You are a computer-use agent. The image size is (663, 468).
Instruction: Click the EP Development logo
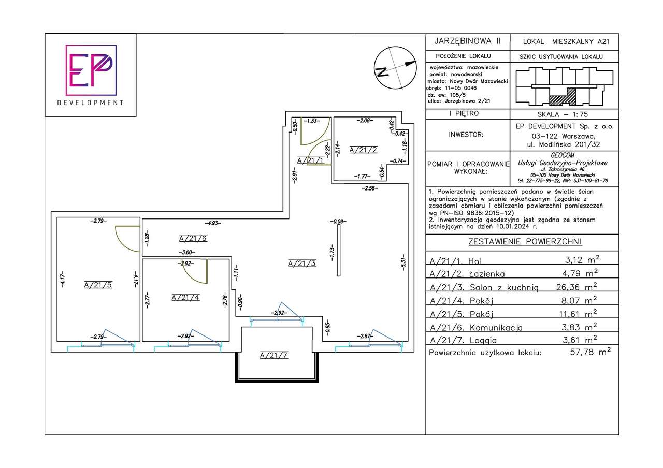(91, 75)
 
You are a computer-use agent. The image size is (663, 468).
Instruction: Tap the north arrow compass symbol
(395, 68)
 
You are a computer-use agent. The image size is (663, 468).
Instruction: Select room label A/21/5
(98, 285)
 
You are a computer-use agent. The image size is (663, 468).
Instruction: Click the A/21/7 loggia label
(274, 355)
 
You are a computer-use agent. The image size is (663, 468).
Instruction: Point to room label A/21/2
(363, 150)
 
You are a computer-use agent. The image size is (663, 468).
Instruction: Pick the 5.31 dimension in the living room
(403, 262)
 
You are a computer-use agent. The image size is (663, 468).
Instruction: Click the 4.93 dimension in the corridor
(213, 223)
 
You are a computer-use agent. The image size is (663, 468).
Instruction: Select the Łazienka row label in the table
(487, 274)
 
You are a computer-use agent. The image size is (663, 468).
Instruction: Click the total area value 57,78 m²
(590, 352)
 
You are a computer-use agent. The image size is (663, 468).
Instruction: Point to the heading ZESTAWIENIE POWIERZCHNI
(525, 242)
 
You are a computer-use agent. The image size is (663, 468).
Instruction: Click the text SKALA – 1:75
(563, 114)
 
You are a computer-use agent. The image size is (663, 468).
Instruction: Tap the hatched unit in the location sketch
(563, 97)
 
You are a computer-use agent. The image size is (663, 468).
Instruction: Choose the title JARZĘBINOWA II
(467, 41)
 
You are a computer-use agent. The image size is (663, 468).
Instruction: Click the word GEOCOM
(563, 155)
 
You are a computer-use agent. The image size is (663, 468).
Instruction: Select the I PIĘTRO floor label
(464, 113)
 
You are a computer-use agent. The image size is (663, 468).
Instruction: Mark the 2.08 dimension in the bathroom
(365, 121)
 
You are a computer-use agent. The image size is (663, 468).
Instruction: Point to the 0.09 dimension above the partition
(338, 221)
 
